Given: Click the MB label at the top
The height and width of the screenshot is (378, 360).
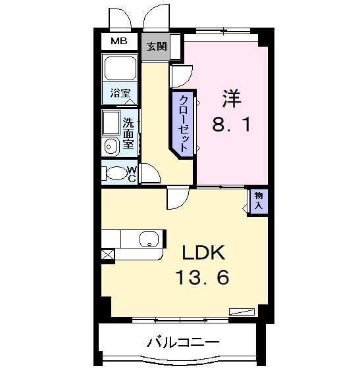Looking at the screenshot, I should [119, 41].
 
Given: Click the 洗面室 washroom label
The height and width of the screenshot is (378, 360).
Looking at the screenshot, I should [130, 133].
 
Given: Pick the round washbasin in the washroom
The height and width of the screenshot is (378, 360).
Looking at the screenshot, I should [110, 147].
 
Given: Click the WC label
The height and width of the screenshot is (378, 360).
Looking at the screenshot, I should [132, 174].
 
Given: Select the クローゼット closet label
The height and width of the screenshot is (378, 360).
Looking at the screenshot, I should [184, 124].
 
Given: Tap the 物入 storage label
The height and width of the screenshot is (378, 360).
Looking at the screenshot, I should [258, 200].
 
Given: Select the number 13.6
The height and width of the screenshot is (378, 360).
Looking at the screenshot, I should [202, 279].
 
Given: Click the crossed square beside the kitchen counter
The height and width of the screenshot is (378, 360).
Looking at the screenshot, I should [107, 253].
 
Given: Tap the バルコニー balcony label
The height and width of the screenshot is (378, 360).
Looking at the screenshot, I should [182, 342].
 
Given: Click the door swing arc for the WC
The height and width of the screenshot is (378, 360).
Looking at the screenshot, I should [151, 174].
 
